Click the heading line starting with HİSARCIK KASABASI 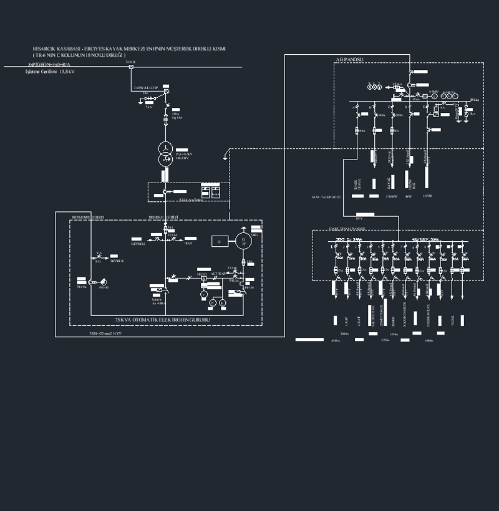coord(129,48)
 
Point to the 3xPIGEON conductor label coord(49,64)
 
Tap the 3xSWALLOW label coord(147,88)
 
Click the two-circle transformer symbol coord(165,153)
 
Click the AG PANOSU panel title coord(349,60)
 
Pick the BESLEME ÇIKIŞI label coord(87,217)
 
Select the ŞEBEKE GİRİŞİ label coord(163,217)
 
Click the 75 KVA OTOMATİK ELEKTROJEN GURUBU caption coord(162,320)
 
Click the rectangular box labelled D coord(219,241)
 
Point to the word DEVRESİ coord(138,244)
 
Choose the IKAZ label coord(188,244)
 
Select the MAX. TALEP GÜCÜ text coord(330,197)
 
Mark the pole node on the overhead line coord(130,67)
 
